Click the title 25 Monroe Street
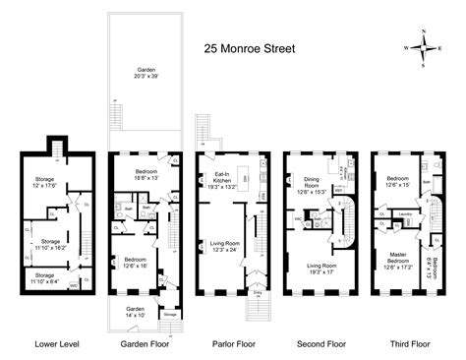[252, 45]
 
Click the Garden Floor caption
[138, 344]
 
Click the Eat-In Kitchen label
[222, 178]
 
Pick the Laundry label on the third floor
[403, 210]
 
